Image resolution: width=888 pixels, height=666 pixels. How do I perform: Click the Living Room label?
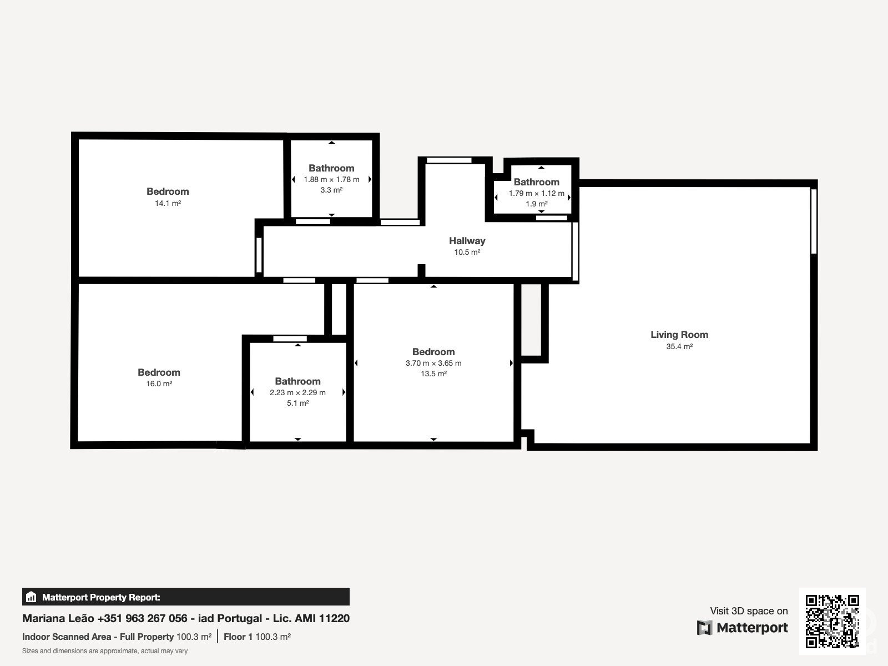tap(679, 335)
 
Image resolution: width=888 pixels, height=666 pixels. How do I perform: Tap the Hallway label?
tap(467, 241)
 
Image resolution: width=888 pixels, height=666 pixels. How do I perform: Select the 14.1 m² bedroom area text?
tap(168, 203)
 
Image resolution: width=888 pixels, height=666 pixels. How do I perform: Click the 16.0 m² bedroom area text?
tap(159, 384)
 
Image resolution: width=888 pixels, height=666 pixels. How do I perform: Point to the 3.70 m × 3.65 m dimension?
tap(433, 363)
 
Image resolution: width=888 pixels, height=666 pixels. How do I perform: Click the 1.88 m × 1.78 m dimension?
tap(331, 179)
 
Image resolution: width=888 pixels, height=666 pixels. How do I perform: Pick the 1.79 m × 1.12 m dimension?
tap(537, 193)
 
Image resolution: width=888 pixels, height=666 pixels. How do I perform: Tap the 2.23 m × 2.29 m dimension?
tap(297, 392)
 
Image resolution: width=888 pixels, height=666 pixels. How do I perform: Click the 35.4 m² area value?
tap(679, 346)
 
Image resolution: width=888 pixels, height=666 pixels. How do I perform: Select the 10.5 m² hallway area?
tap(467, 253)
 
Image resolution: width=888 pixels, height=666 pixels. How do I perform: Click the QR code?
tap(832, 621)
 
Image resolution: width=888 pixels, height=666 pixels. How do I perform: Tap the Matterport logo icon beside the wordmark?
tap(704, 628)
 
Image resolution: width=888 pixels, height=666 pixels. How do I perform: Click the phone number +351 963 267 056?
tap(143, 618)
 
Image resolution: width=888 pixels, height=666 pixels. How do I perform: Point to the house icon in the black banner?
tap(31, 597)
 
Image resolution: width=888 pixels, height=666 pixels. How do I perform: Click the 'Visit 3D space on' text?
tap(749, 611)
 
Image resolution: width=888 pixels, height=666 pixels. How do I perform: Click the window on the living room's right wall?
tap(814, 221)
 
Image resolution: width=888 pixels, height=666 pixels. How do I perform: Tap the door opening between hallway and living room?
tap(575, 251)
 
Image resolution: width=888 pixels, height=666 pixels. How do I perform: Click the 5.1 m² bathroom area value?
tap(297, 403)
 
